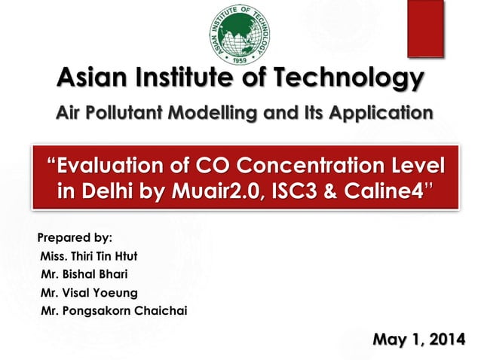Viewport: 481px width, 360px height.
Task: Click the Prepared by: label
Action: (75, 239)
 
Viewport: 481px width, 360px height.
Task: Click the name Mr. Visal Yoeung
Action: (85, 292)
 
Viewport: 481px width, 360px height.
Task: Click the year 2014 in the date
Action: (445, 337)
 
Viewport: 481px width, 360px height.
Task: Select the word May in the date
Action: (390, 337)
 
